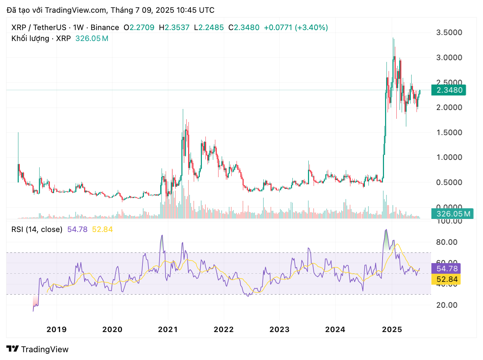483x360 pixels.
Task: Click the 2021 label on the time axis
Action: pyautogui.click(x=168, y=330)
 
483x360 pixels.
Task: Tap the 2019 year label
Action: pyautogui.click(x=57, y=330)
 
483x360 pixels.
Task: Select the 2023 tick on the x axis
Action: pyautogui.click(x=279, y=330)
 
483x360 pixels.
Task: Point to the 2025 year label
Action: pyautogui.click(x=392, y=330)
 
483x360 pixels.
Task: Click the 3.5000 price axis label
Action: pyautogui.click(x=449, y=33)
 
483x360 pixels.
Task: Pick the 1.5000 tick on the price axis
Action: pyautogui.click(x=449, y=133)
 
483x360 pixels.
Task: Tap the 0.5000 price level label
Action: pyautogui.click(x=449, y=182)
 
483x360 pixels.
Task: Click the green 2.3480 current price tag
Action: pyautogui.click(x=449, y=90)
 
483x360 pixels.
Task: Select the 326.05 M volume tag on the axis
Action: pyautogui.click(x=453, y=214)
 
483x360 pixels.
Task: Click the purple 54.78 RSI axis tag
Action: pyautogui.click(x=447, y=269)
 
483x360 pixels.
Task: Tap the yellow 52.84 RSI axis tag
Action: pyautogui.click(x=447, y=279)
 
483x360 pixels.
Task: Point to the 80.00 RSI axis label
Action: pyautogui.click(x=447, y=242)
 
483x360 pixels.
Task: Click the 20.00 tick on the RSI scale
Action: pyautogui.click(x=447, y=305)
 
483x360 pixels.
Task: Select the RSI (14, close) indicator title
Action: pyautogui.click(x=37, y=230)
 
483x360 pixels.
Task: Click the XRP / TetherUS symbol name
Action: pyautogui.click(x=39, y=28)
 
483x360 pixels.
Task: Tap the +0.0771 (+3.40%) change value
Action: pyautogui.click(x=296, y=28)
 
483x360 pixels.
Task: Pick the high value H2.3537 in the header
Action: pyautogui.click(x=174, y=28)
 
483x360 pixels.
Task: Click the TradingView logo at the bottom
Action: pyautogui.click(x=37, y=349)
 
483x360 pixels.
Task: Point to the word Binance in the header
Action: pyautogui.click(x=105, y=28)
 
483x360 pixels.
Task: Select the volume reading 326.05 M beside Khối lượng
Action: pyautogui.click(x=92, y=39)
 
